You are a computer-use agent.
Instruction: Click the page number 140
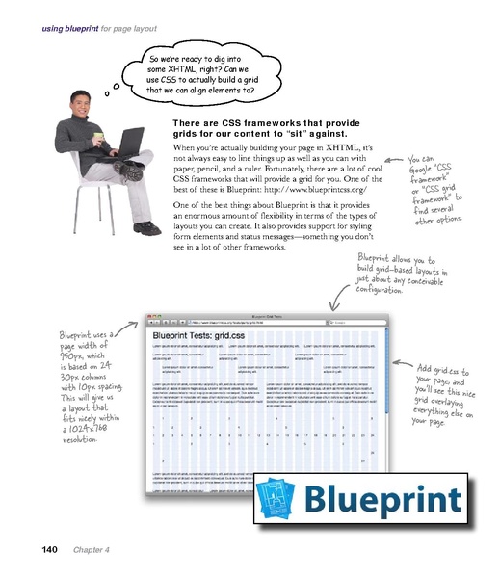49,550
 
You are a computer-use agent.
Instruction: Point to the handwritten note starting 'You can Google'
434,189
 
